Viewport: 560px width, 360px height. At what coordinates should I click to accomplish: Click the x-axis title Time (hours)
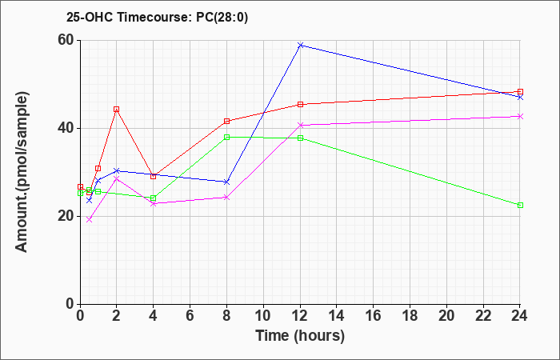(300, 336)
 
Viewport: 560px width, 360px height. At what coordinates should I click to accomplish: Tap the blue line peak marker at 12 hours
(300, 45)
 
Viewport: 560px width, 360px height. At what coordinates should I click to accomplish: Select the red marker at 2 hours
(116, 109)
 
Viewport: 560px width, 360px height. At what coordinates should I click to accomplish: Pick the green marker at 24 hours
(520, 205)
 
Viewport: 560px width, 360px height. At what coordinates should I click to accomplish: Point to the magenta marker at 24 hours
(520, 116)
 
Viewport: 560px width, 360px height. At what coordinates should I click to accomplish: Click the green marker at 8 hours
(226, 137)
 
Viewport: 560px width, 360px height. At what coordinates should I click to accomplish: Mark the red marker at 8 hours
(226, 121)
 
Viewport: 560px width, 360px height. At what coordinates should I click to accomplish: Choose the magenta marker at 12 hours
(300, 125)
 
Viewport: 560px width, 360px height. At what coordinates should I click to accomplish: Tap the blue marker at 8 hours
(226, 182)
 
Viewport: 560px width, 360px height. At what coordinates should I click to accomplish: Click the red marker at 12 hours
(300, 104)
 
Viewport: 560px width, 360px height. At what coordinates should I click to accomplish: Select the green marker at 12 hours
(300, 138)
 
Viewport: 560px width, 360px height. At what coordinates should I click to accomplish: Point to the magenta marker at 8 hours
(226, 197)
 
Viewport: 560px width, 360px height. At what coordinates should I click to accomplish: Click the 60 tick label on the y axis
(65, 40)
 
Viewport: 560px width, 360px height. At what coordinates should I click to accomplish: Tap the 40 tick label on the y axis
(65, 128)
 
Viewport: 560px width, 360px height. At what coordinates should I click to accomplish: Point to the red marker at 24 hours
(520, 91)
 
